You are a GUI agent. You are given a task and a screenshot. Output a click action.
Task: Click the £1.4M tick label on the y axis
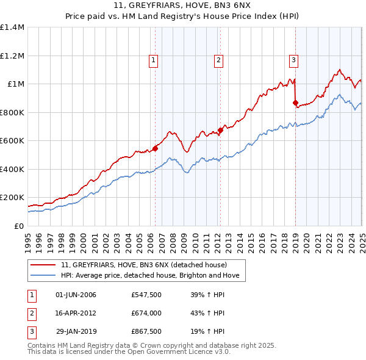coord(12,27)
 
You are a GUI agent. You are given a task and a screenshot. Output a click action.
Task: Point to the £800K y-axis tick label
coord(12,112)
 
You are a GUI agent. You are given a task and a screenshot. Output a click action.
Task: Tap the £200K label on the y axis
coord(12,198)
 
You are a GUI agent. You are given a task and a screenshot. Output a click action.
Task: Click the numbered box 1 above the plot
coord(152,60)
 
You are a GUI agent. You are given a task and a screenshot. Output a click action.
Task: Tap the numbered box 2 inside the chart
coord(218,60)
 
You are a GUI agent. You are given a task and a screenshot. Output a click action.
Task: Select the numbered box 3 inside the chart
coord(293,60)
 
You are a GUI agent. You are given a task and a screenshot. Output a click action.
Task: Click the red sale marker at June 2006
coord(155,148)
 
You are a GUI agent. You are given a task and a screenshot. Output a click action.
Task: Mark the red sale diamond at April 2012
coord(220,130)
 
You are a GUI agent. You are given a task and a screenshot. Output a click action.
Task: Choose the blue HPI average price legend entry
coord(152,276)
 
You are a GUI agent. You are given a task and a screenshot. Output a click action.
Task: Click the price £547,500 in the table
coord(146,295)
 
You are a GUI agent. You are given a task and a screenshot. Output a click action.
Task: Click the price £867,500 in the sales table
coord(146,332)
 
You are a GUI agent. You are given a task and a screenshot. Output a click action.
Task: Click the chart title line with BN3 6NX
coord(183,7)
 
